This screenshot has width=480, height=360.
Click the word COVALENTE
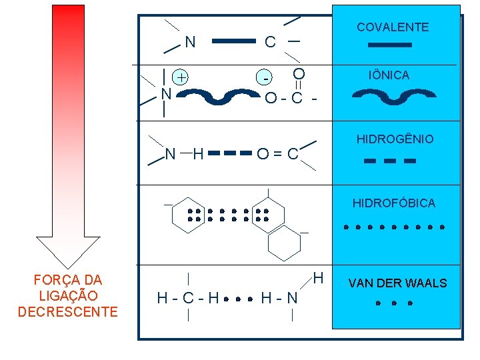click(393, 27)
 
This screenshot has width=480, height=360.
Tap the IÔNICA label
click(390, 75)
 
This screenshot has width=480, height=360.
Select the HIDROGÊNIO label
click(395, 139)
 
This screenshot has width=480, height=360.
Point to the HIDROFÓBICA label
click(394, 203)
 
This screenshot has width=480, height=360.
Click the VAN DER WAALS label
click(397, 283)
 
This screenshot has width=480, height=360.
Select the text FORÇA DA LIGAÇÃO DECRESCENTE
click(68, 296)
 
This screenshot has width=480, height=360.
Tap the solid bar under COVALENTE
click(391, 45)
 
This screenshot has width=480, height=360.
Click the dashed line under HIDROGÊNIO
click(391, 161)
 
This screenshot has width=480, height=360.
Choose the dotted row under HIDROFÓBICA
click(394, 227)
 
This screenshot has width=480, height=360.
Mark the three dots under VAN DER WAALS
click(394, 303)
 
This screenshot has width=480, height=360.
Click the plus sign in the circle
click(181, 77)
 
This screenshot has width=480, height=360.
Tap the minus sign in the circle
click(266, 78)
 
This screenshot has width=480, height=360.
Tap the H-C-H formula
click(187, 298)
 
